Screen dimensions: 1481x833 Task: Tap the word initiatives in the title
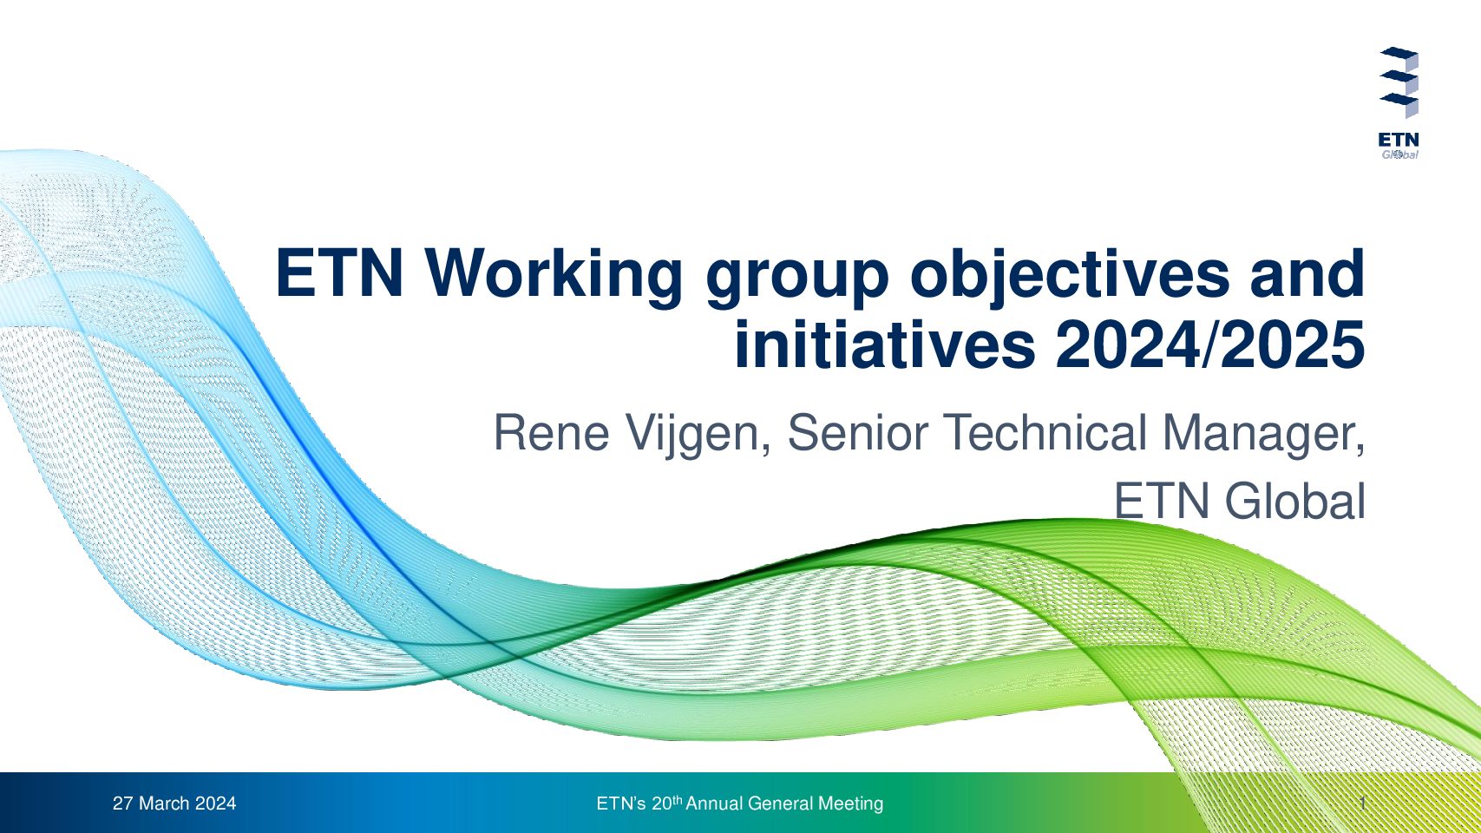pyautogui.click(x=885, y=345)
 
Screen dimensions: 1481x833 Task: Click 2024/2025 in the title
pyautogui.click(x=1210, y=345)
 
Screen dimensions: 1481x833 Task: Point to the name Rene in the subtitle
pyautogui.click(x=551, y=433)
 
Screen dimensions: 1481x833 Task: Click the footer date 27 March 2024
pyautogui.click(x=174, y=803)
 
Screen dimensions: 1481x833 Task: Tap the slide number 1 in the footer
pyautogui.click(x=1363, y=803)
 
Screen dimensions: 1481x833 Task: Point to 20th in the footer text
pyautogui.click(x=666, y=803)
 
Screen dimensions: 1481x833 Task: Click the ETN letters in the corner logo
pyautogui.click(x=1399, y=141)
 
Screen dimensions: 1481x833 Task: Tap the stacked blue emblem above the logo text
pyautogui.click(x=1399, y=82)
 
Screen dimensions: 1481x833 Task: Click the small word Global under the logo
pyautogui.click(x=1399, y=154)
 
